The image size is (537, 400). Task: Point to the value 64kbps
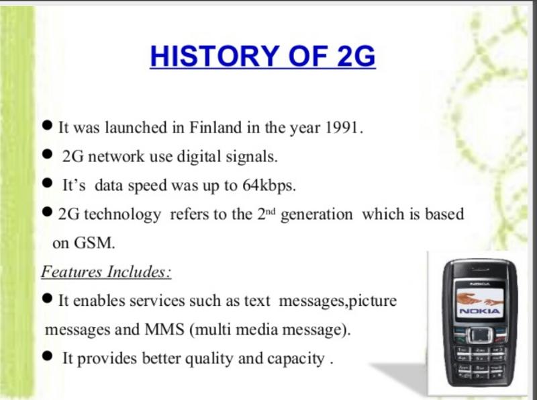click(x=269, y=186)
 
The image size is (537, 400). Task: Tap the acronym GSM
click(x=94, y=243)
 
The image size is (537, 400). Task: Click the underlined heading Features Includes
click(x=106, y=272)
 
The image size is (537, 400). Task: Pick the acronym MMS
click(x=164, y=329)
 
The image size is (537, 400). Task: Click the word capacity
click(x=295, y=359)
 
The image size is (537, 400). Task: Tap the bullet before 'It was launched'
click(x=48, y=125)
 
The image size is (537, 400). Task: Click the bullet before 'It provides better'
click(x=48, y=356)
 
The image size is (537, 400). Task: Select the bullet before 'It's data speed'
click(x=48, y=183)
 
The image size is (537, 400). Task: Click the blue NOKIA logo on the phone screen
click(x=479, y=311)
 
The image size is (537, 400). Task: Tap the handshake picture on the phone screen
click(x=479, y=298)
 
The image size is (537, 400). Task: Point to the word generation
click(x=316, y=214)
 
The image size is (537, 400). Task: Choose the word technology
click(x=122, y=214)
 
